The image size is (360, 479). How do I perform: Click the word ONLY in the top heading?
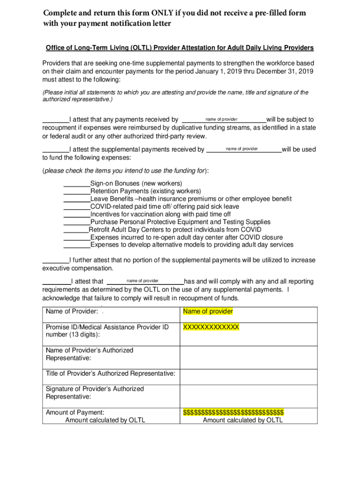click(162, 13)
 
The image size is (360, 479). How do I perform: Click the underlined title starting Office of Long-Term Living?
click(180, 48)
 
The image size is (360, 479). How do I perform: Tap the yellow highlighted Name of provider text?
click(208, 312)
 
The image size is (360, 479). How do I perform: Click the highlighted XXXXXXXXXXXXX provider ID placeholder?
click(211, 327)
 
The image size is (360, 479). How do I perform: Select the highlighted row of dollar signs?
click(233, 412)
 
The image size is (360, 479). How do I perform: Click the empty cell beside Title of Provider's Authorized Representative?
click(248, 373)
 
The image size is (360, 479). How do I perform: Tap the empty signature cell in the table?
click(248, 393)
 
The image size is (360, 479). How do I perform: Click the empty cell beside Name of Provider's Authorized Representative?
click(248, 354)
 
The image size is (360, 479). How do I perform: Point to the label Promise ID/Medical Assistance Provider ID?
click(107, 327)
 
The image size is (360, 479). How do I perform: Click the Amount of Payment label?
click(75, 412)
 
